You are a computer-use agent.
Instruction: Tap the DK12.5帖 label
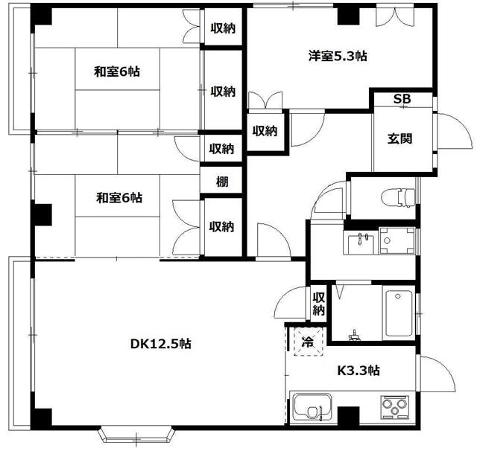click(x=161, y=344)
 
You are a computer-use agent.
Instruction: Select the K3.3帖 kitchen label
click(x=358, y=370)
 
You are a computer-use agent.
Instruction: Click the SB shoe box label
click(x=402, y=100)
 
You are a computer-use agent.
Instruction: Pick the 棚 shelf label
click(x=222, y=181)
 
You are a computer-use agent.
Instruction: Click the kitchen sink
click(x=312, y=408)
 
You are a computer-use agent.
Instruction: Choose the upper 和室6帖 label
click(x=117, y=72)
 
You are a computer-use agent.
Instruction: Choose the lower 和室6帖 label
click(x=119, y=198)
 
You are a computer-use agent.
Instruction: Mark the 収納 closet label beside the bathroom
click(x=318, y=303)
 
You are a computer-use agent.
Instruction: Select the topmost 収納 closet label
click(x=223, y=28)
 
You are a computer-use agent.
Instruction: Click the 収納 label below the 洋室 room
click(x=265, y=131)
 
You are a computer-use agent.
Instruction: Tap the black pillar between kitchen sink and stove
click(x=347, y=415)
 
